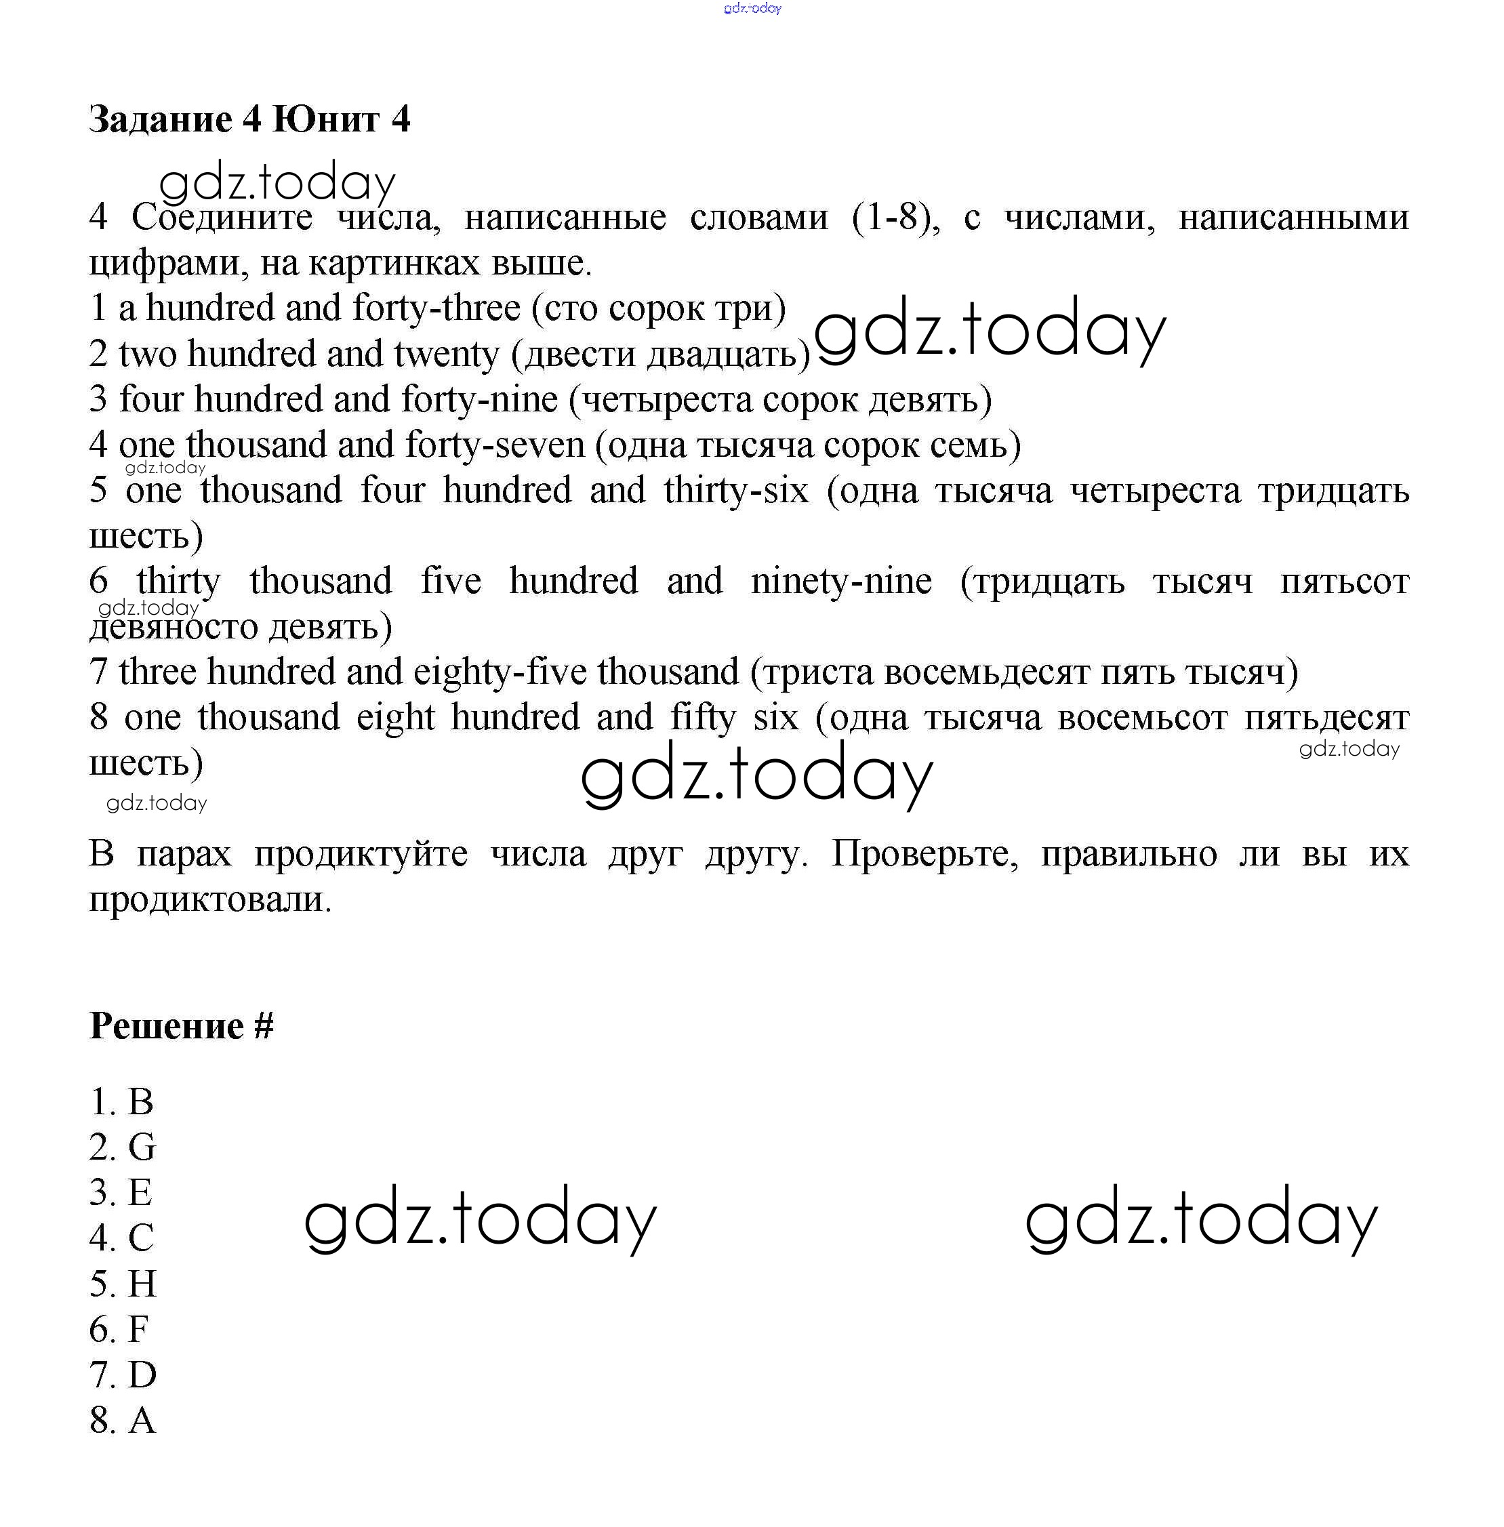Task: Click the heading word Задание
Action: click(161, 120)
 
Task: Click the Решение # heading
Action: click(181, 1026)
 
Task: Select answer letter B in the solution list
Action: click(140, 1102)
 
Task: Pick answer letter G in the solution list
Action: click(142, 1147)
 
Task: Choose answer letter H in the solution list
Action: click(142, 1284)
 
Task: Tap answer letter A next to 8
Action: click(142, 1421)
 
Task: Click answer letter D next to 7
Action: click(142, 1375)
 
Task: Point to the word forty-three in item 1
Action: click(436, 308)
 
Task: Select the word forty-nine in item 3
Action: click(479, 399)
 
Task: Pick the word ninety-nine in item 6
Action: click(841, 582)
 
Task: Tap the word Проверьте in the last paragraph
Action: click(924, 854)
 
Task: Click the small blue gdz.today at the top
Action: click(752, 8)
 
